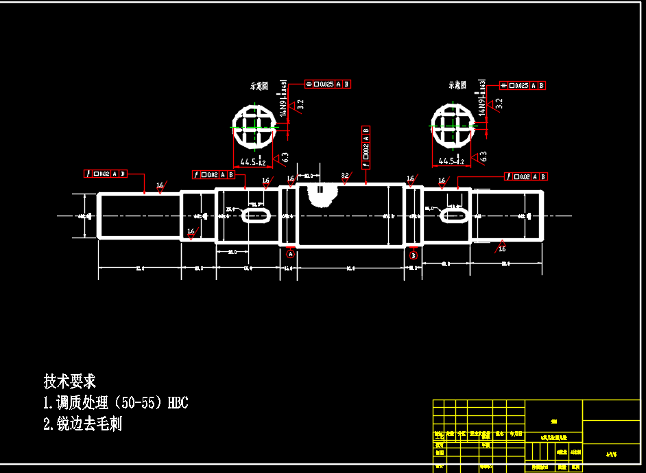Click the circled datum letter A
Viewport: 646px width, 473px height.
pyautogui.click(x=290, y=253)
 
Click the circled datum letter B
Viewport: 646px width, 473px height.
pyautogui.click(x=414, y=255)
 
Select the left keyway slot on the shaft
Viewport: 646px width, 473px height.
pyautogui.click(x=255, y=216)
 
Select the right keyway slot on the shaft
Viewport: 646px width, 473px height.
pyautogui.click(x=453, y=216)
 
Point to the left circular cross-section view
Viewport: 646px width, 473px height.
pyautogui.click(x=254, y=126)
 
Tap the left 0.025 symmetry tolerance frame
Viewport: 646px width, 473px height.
pyautogui.click(x=328, y=84)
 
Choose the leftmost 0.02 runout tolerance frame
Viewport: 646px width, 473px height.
pyautogui.click(x=105, y=174)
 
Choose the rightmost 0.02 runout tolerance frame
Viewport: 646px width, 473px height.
pyautogui.click(x=526, y=176)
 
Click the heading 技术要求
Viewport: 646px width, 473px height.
pyautogui.click(x=69, y=381)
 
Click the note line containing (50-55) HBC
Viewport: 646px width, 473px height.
pyautogui.click(x=115, y=403)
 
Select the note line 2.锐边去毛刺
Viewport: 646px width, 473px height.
pyautogui.click(x=82, y=424)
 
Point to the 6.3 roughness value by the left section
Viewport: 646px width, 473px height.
pyautogui.click(x=285, y=157)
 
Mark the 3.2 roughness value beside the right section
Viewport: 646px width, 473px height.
pyautogui.click(x=499, y=103)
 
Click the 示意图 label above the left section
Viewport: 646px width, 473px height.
pyautogui.click(x=259, y=86)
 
